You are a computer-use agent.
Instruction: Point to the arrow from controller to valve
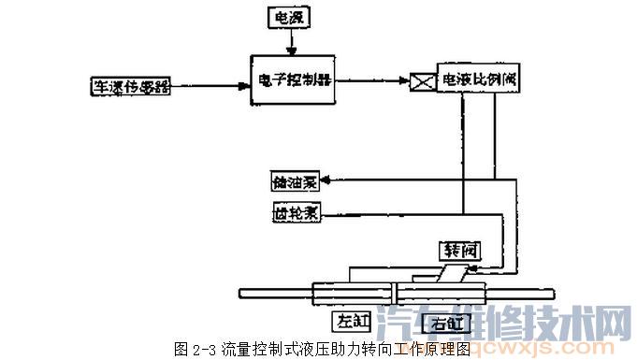click(374, 81)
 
